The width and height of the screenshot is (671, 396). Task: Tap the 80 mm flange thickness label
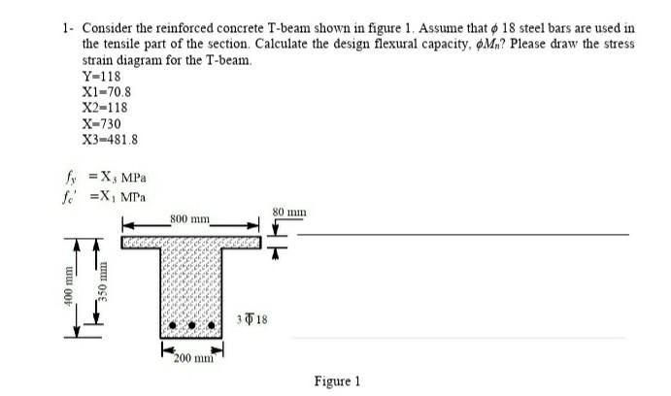288,209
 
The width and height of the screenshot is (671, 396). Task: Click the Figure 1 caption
337,380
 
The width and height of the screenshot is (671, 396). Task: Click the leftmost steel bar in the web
175,325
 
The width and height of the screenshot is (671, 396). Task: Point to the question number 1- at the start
64,29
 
